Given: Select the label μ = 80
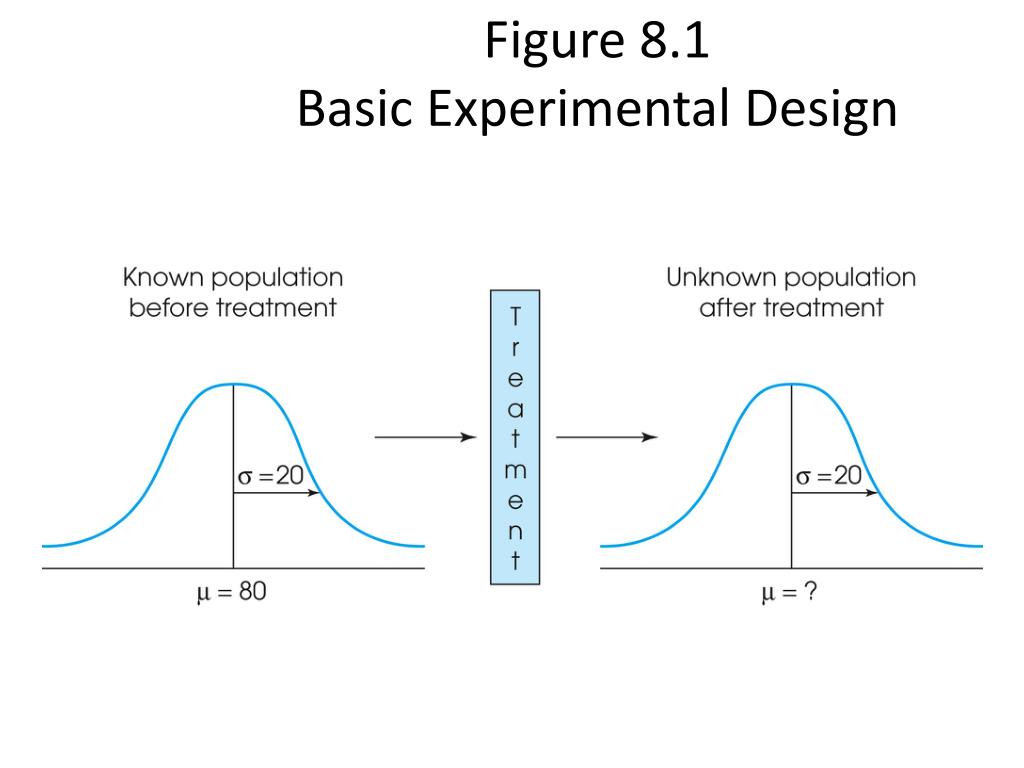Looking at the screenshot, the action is (x=232, y=593).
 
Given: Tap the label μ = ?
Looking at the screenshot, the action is (x=790, y=593).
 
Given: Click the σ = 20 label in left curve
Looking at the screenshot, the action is (x=269, y=475).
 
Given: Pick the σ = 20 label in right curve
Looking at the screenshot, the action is (x=828, y=475).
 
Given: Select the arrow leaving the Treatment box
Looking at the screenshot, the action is (x=606, y=437).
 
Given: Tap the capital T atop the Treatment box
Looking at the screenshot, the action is (x=515, y=317).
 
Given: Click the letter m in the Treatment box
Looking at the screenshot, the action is (x=515, y=469).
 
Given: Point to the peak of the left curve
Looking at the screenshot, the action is (x=233, y=384).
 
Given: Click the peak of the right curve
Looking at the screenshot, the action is (x=791, y=384).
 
